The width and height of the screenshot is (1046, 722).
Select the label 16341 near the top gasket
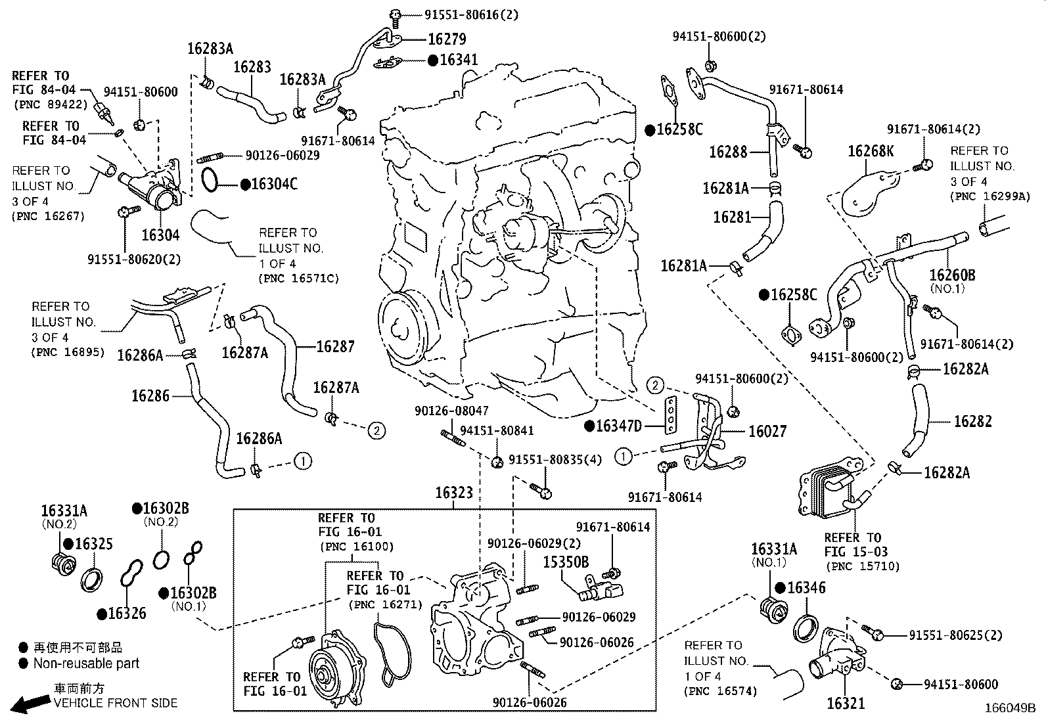[x=459, y=60]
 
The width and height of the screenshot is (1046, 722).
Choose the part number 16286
[x=150, y=395]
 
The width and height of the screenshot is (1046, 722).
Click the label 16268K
[x=871, y=152]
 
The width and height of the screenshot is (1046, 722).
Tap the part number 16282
[x=972, y=421]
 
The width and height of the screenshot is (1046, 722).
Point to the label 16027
[x=767, y=431]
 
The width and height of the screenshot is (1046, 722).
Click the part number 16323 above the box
[x=454, y=493]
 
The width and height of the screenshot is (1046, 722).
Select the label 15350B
[x=566, y=562]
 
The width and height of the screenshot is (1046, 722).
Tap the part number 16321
[x=846, y=703]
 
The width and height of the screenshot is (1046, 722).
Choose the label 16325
[x=93, y=544]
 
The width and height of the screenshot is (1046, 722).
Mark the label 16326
[x=127, y=614]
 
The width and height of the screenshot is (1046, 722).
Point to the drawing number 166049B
[x=1009, y=709]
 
